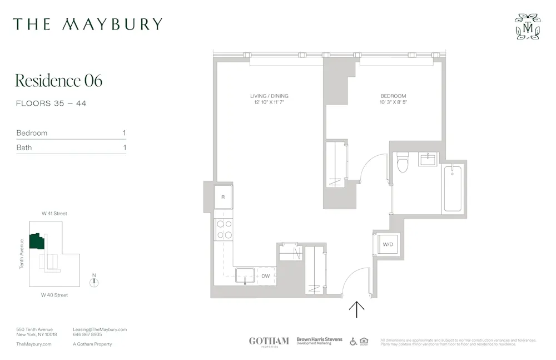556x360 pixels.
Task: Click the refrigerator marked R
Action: point(224,198)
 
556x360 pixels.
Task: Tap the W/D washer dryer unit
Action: point(387,244)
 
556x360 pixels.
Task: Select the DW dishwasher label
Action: point(265,276)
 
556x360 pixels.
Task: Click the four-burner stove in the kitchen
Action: point(224,229)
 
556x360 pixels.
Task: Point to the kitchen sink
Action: point(245,275)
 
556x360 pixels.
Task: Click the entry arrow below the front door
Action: point(356,309)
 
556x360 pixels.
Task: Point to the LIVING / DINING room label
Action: point(269,96)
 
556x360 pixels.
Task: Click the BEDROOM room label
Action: point(393,96)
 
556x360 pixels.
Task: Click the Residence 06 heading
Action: point(58,81)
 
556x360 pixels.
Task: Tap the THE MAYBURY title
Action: point(88,24)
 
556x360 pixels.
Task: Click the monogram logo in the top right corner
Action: point(527,27)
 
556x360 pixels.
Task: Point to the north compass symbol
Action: point(95,282)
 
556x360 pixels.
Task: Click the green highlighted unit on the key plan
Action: point(37,241)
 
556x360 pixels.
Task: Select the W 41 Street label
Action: point(54,214)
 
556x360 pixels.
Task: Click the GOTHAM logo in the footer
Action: point(269,341)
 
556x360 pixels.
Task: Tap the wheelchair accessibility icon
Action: point(353,341)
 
